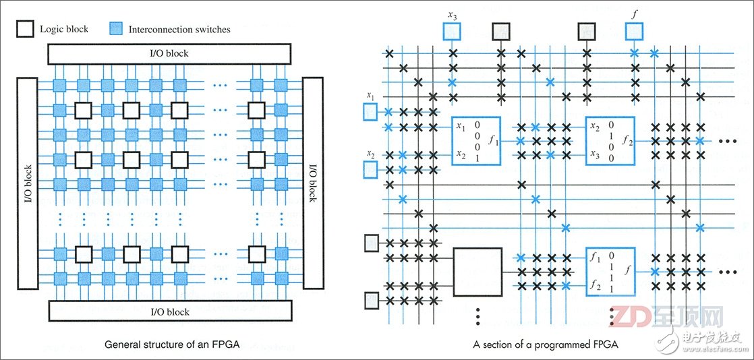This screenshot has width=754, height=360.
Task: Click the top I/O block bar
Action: [x=169, y=53]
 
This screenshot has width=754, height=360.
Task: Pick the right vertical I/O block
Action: [x=312, y=183]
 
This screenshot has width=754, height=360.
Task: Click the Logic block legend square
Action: [x=26, y=29]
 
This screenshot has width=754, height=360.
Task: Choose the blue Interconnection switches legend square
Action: [x=115, y=29]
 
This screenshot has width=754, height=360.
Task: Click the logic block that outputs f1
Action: [x=475, y=141]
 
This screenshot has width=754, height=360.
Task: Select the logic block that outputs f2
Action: [x=610, y=141]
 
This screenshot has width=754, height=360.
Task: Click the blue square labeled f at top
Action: [x=634, y=31]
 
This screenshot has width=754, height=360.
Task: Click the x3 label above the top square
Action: [x=452, y=12]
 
